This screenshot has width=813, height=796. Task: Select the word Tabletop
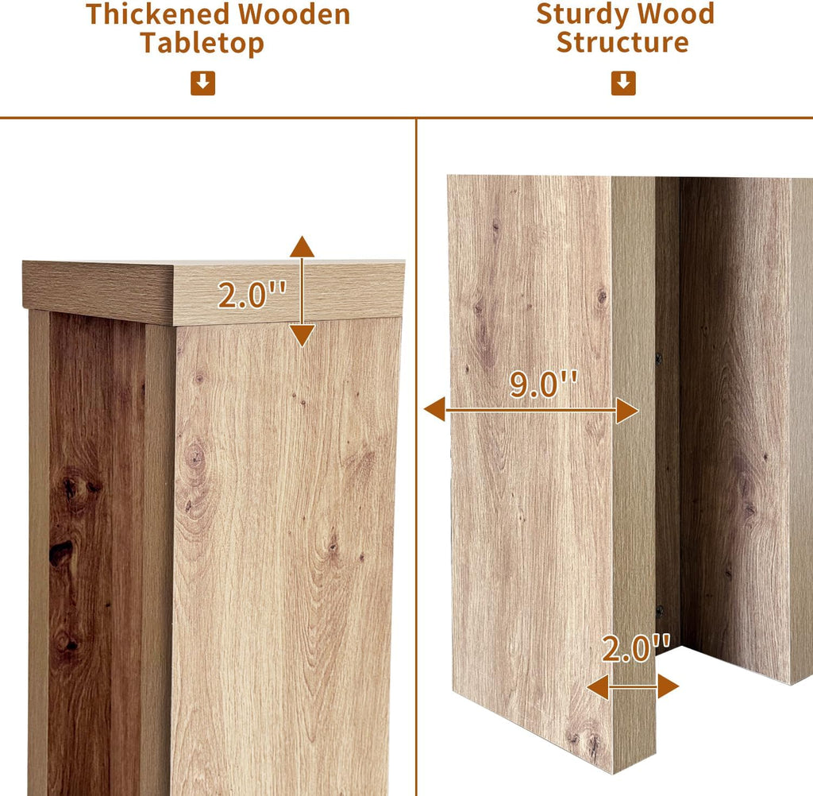pyautogui.click(x=202, y=43)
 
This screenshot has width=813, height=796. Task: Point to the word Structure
pyautogui.click(x=622, y=42)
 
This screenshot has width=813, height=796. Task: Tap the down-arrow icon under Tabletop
pyautogui.click(x=202, y=83)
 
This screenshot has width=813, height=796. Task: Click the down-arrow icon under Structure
pyautogui.click(x=623, y=83)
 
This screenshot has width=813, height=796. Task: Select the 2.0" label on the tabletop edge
pyautogui.click(x=252, y=296)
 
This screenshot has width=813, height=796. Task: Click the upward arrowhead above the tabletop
pyautogui.click(x=302, y=246)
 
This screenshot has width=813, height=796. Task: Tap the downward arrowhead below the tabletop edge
pyautogui.click(x=302, y=336)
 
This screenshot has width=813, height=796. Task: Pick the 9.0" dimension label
pyautogui.click(x=543, y=384)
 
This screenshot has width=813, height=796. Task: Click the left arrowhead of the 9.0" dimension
pyautogui.click(x=434, y=409)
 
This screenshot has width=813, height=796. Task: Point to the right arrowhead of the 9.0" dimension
pyautogui.click(x=627, y=411)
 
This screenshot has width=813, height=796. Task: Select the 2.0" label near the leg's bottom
pyautogui.click(x=636, y=648)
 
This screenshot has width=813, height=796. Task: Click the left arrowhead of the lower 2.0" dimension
pyautogui.click(x=598, y=686)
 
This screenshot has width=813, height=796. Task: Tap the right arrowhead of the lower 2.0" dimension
pyautogui.click(x=669, y=686)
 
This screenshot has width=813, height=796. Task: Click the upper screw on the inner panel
pyautogui.click(x=659, y=357)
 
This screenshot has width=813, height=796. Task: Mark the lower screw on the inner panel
pyautogui.click(x=660, y=611)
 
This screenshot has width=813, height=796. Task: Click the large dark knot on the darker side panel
pyautogui.click(x=60, y=553)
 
